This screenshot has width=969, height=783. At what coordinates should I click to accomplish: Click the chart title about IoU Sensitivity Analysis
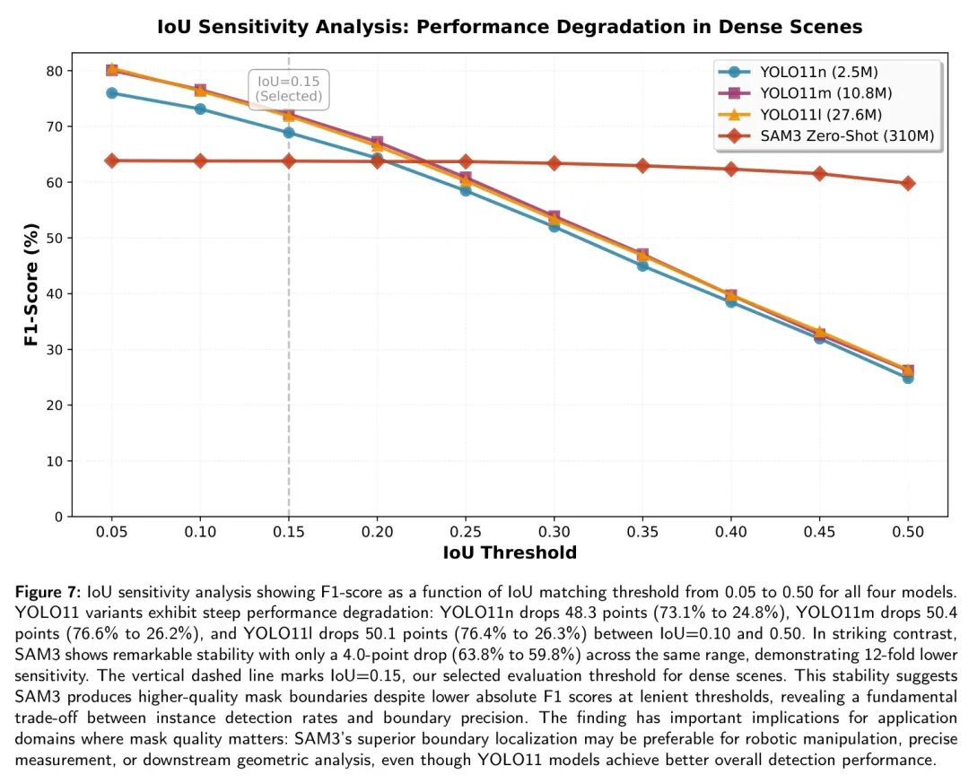[510, 27]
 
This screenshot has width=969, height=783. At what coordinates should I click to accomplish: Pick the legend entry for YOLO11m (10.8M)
[825, 93]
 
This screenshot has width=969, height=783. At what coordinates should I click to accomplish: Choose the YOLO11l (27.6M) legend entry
[820, 115]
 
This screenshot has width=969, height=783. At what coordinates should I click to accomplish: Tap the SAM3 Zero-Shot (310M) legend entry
[847, 136]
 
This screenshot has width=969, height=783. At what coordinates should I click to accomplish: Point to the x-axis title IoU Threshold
[510, 553]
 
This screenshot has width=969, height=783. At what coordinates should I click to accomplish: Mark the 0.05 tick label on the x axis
[111, 533]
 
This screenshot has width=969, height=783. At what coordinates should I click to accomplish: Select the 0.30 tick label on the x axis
[554, 533]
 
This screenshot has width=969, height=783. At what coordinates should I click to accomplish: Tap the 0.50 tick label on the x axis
[908, 533]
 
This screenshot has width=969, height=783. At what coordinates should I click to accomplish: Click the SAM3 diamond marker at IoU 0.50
[908, 183]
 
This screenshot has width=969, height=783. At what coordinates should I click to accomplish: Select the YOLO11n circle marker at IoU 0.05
[111, 93]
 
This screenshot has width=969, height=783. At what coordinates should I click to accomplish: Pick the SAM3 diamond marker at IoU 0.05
[111, 161]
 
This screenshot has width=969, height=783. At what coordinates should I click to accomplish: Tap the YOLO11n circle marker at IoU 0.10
[200, 109]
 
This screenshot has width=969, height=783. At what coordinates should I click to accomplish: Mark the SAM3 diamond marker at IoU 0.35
[642, 166]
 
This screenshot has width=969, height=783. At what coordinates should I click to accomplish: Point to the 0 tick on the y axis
[57, 517]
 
